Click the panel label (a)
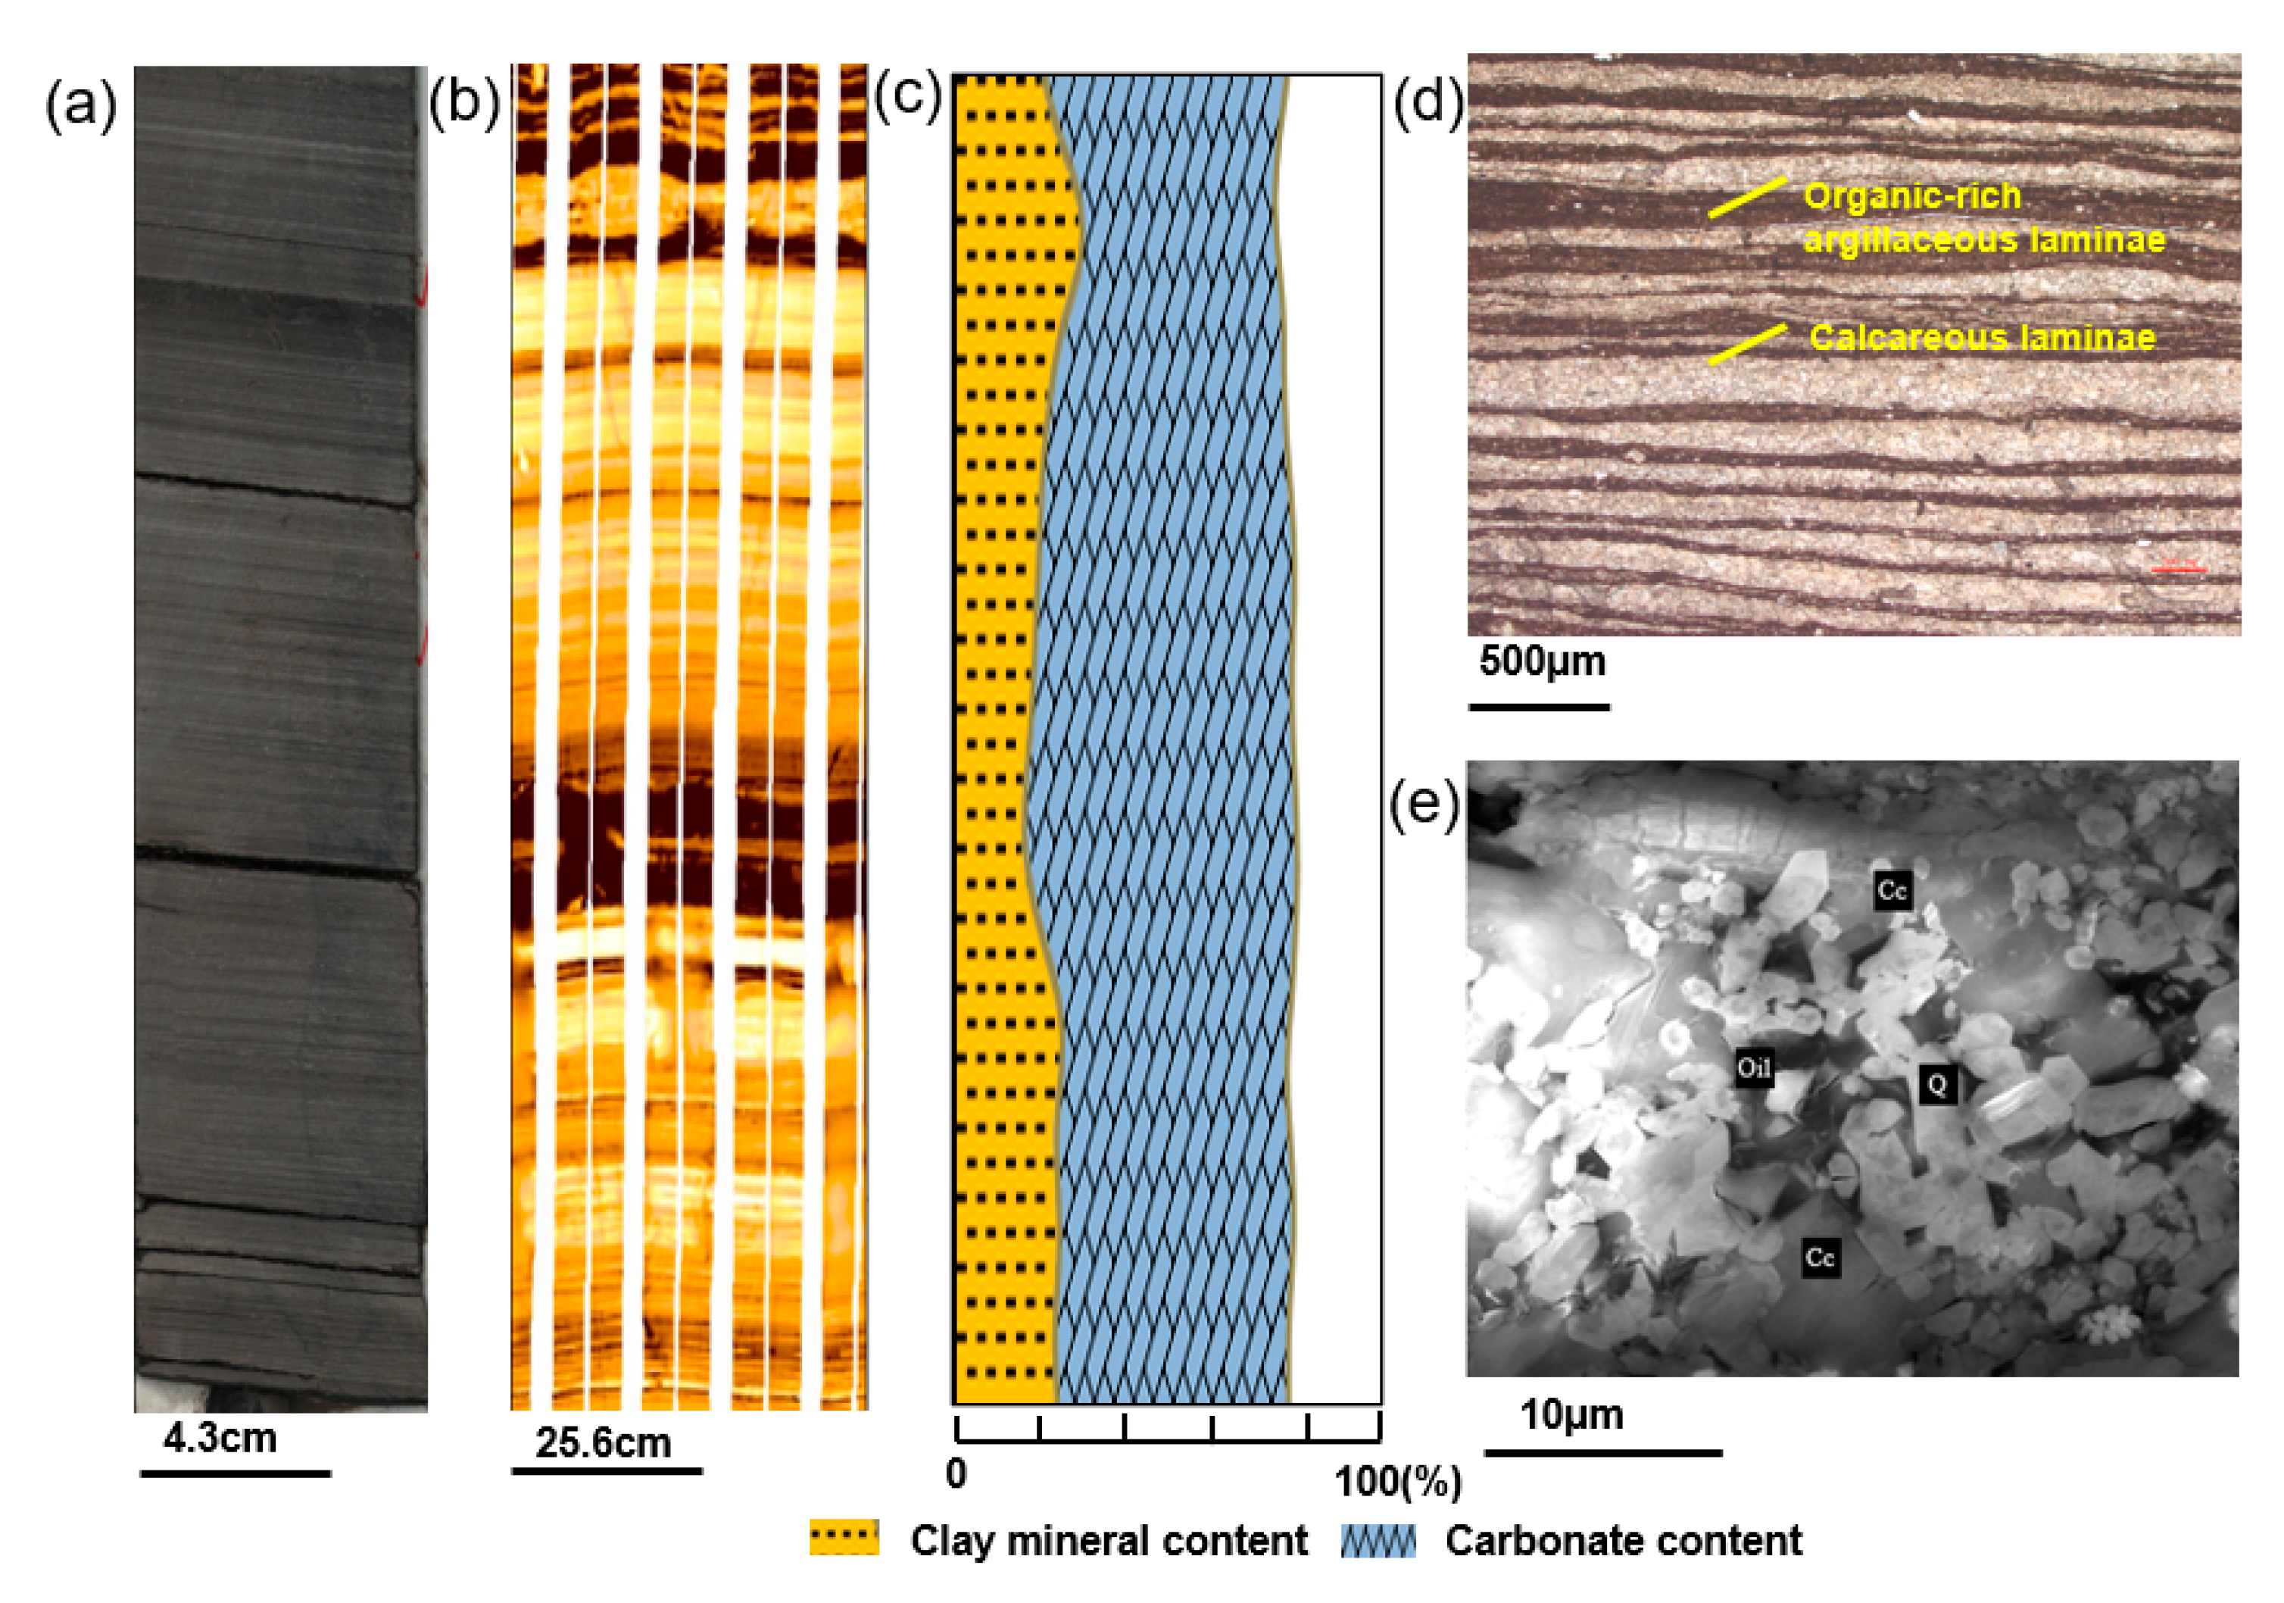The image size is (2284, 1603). (x=80, y=105)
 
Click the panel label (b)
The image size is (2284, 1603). (x=463, y=105)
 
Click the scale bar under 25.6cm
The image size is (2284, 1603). (x=607, y=1470)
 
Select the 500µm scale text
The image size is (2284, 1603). (x=1542, y=661)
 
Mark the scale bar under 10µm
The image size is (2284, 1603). (x=1602, y=1453)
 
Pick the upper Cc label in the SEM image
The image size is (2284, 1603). (x=1891, y=889)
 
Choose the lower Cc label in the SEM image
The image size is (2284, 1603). (x=1820, y=1258)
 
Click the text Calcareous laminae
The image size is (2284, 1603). (x=1982, y=337)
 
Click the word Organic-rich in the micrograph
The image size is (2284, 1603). (x=1912, y=196)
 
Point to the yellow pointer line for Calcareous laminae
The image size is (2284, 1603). (x=1747, y=343)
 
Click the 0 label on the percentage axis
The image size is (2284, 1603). (x=956, y=1473)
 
